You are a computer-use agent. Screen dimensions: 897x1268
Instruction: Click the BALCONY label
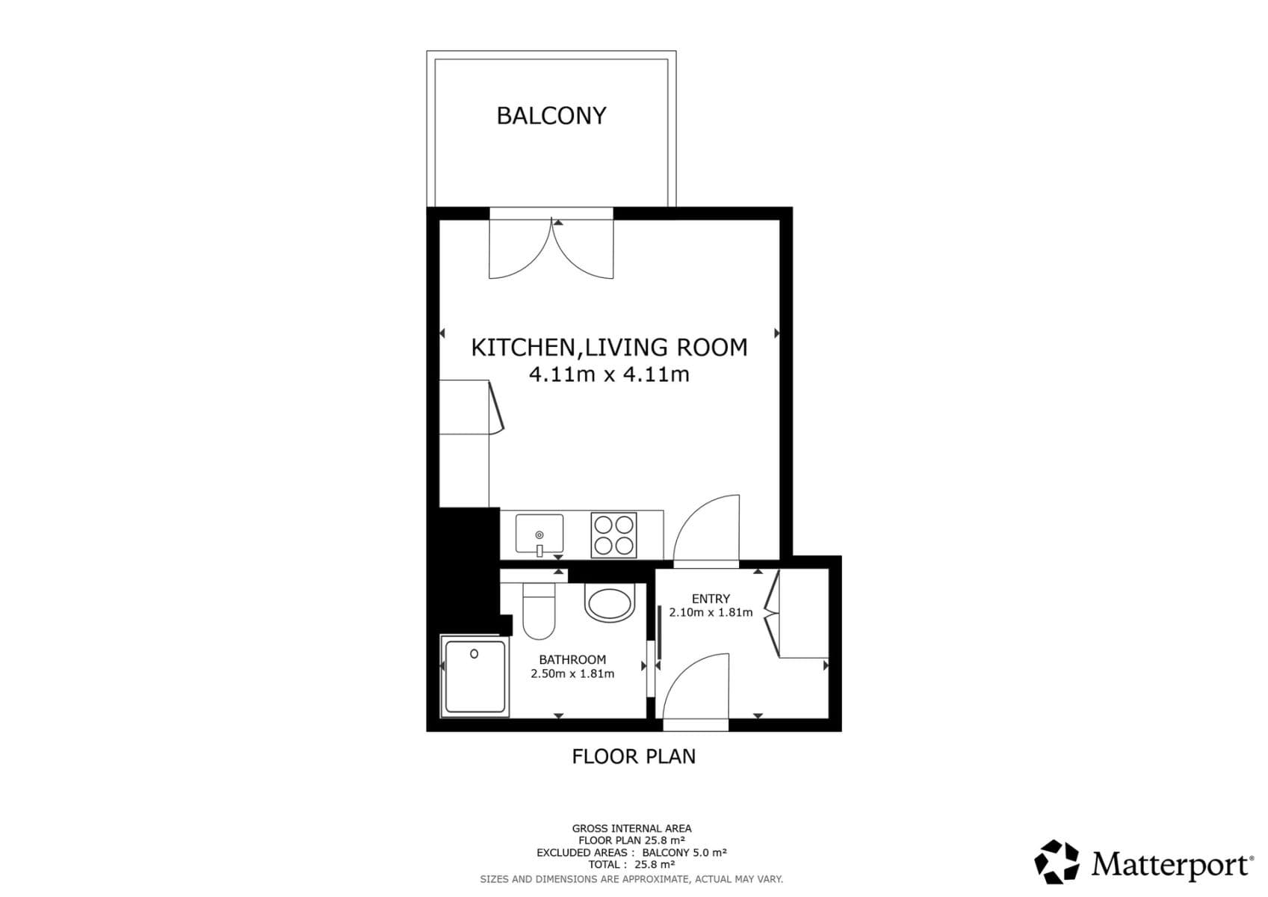(x=551, y=116)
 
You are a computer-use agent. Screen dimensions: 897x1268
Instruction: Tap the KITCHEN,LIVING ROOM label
(x=609, y=348)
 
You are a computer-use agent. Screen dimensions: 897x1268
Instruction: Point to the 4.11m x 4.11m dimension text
(x=609, y=374)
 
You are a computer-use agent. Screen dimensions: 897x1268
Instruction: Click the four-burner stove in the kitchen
(x=613, y=535)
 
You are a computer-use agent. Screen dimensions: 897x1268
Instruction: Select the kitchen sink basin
(x=539, y=533)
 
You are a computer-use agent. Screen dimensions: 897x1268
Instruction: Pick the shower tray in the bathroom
(x=474, y=676)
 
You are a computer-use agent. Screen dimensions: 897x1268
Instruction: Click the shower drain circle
(x=474, y=654)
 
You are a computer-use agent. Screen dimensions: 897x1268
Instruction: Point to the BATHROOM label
(x=572, y=659)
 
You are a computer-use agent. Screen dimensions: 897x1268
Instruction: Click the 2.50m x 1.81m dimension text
(x=572, y=673)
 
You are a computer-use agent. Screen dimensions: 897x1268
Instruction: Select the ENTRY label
(x=711, y=599)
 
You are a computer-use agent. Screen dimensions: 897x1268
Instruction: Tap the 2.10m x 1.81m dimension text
(x=711, y=612)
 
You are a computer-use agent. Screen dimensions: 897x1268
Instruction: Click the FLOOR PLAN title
(x=634, y=756)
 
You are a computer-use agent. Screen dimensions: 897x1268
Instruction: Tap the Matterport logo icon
(x=1057, y=862)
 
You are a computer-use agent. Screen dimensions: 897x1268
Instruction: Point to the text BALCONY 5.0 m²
(x=684, y=852)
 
